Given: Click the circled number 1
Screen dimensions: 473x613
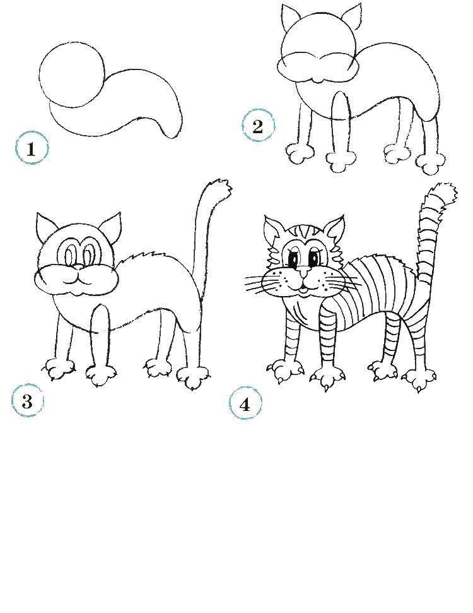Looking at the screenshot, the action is point(32,149).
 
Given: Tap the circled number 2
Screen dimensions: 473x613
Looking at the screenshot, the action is point(258,126).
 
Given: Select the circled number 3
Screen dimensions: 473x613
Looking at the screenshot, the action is point(27,401).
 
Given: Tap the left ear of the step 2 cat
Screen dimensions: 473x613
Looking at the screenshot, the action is point(289,17).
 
